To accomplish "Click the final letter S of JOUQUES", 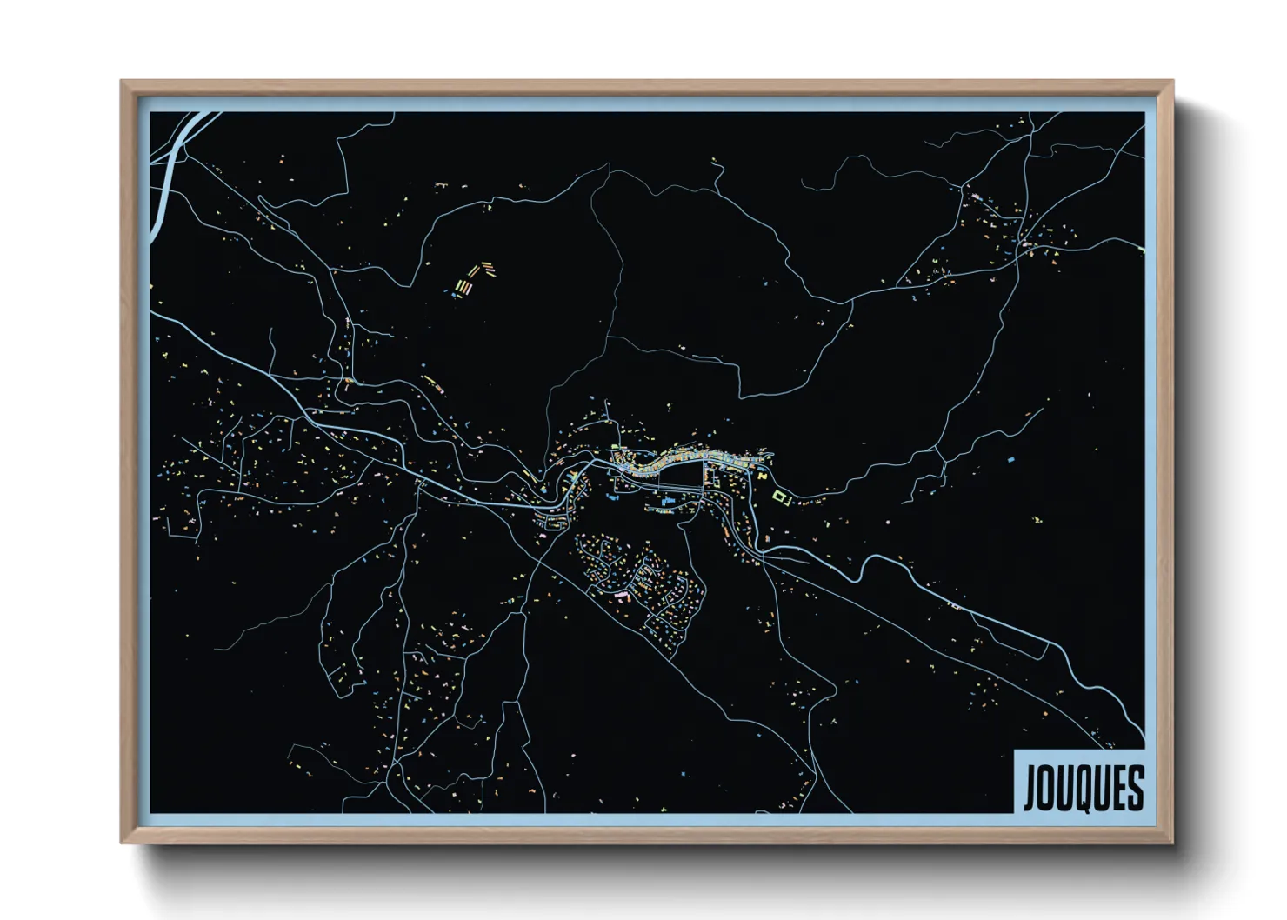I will [1135, 789].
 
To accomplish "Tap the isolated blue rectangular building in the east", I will [1010, 457].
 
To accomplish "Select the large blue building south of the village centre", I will [668, 502].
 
